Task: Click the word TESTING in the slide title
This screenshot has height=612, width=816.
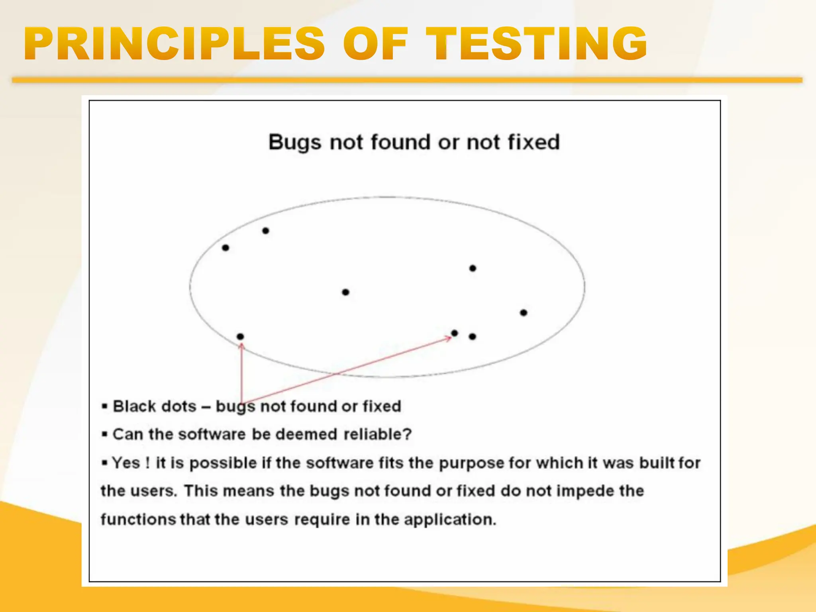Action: click(x=536, y=44)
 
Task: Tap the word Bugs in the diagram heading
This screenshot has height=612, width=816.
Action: click(x=294, y=143)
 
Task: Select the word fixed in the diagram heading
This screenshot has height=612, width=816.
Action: click(x=534, y=142)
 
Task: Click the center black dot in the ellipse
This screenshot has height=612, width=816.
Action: click(x=345, y=292)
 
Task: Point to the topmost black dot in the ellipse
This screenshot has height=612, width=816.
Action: click(x=266, y=231)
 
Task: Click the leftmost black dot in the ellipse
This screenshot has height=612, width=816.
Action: click(x=226, y=248)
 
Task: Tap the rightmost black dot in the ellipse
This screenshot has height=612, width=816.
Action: click(x=524, y=313)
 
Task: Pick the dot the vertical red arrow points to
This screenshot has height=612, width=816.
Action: click(x=240, y=337)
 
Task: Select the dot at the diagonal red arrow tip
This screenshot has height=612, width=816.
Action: click(x=455, y=333)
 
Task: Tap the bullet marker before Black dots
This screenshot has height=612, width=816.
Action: click(x=105, y=406)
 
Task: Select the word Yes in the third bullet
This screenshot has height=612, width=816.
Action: click(x=126, y=463)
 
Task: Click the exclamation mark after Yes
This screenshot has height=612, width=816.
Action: click(x=148, y=463)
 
